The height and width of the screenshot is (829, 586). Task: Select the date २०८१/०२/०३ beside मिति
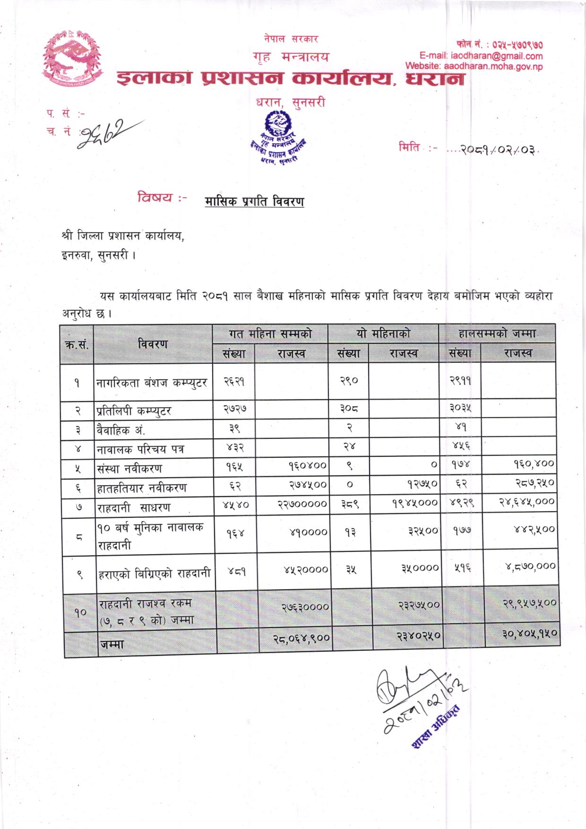pos(492,149)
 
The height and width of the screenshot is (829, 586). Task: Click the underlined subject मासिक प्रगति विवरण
pos(254,201)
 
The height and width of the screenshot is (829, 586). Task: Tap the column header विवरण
pos(153,344)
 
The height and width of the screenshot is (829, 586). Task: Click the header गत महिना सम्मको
pos(270,334)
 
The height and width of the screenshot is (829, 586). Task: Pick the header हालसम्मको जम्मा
pos(497,334)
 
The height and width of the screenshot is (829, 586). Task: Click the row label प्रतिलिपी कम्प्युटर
pos(133,410)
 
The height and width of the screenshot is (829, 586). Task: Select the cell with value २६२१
pos(233,382)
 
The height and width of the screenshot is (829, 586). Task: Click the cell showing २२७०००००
pos(302,504)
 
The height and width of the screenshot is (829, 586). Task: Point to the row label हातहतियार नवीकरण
pos(142,488)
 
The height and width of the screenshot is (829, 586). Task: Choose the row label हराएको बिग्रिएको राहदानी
pos(154,574)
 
